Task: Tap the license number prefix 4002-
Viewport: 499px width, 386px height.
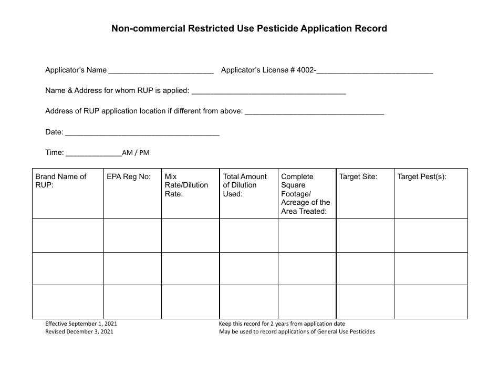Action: tap(306, 70)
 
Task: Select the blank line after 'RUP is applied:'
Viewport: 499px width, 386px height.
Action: tap(269, 91)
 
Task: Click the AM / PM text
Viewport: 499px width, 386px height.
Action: tap(136, 153)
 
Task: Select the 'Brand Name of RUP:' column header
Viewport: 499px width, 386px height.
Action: tap(61, 181)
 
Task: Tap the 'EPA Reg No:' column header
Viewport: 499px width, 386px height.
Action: tap(128, 176)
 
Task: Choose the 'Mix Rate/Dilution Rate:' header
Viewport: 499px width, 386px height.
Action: tap(186, 185)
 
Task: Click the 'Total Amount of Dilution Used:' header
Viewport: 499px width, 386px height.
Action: tap(245, 185)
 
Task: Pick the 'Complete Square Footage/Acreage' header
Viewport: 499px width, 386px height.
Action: tap(306, 194)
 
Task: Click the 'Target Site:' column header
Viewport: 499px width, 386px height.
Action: tap(358, 176)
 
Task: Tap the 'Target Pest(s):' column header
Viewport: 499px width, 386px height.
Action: tap(422, 176)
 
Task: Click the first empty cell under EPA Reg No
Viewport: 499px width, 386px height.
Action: tap(132, 235)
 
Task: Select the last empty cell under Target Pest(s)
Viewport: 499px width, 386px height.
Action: tap(431, 302)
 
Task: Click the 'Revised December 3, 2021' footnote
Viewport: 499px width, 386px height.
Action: tap(79, 332)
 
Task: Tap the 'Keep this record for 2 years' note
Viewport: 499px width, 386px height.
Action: tap(282, 324)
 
